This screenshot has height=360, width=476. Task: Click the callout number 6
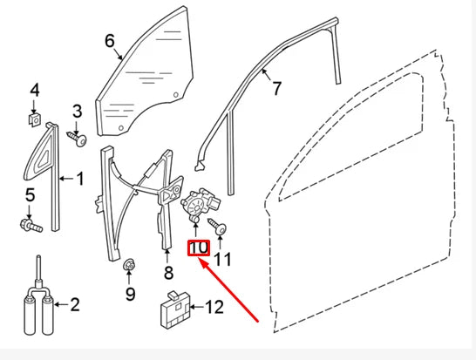pyautogui.click(x=110, y=40)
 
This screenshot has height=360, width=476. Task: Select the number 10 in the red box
pyautogui.click(x=199, y=248)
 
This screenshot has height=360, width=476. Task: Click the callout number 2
pyautogui.click(x=74, y=304)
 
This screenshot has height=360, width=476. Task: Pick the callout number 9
pyautogui.click(x=130, y=294)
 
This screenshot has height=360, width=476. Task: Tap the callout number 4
pyautogui.click(x=35, y=90)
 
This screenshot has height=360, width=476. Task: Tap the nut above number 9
pyautogui.click(x=129, y=263)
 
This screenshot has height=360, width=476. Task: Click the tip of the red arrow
pyautogui.click(x=202, y=259)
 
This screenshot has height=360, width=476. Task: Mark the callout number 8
pyautogui.click(x=167, y=273)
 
